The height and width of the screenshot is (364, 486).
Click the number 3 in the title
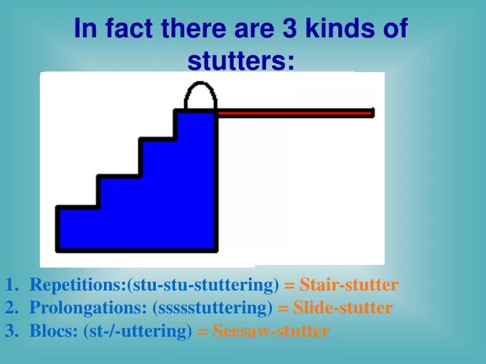pyautogui.click(x=268, y=30)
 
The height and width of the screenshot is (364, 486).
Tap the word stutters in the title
pyautogui.click(x=240, y=61)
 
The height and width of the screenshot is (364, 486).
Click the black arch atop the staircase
pyautogui.click(x=200, y=96)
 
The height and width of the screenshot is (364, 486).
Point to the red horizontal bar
pyautogui.click(x=294, y=113)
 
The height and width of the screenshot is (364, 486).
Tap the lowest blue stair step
pyautogui.click(x=78, y=229)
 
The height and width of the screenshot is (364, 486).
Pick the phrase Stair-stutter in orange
pyautogui.click(x=349, y=285)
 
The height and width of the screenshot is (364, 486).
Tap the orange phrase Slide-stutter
pyautogui.click(x=342, y=308)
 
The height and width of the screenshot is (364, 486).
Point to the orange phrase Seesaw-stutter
pyautogui.click(x=271, y=331)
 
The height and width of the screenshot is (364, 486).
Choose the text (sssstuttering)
pyautogui.click(x=213, y=308)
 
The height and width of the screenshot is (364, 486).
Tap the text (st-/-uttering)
pyautogui.click(x=142, y=331)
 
